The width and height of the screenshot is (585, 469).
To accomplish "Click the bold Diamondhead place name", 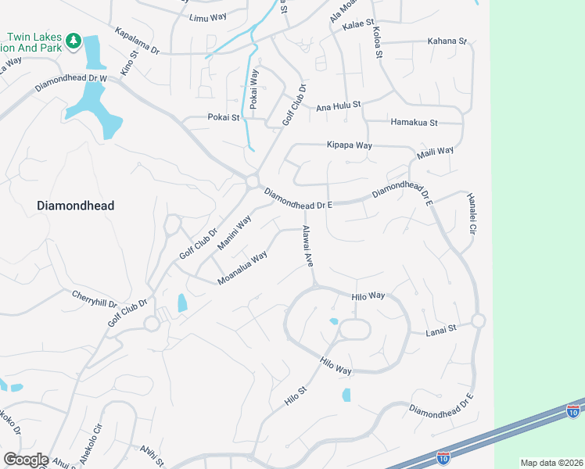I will point(76,206).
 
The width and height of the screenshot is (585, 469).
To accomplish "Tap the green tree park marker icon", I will point(74,40).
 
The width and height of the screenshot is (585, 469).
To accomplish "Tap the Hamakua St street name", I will point(414,123).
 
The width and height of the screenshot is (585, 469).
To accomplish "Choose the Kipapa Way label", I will point(349,145).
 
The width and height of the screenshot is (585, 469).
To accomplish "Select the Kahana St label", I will point(447,41).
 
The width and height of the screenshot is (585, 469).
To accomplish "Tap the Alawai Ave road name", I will point(307,247).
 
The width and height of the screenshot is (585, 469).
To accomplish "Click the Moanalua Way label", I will point(242,267).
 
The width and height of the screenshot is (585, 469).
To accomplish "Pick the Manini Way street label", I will point(234,233).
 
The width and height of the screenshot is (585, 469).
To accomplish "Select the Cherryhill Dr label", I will point(94,299).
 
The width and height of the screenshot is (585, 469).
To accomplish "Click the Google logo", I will point(26,460).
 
